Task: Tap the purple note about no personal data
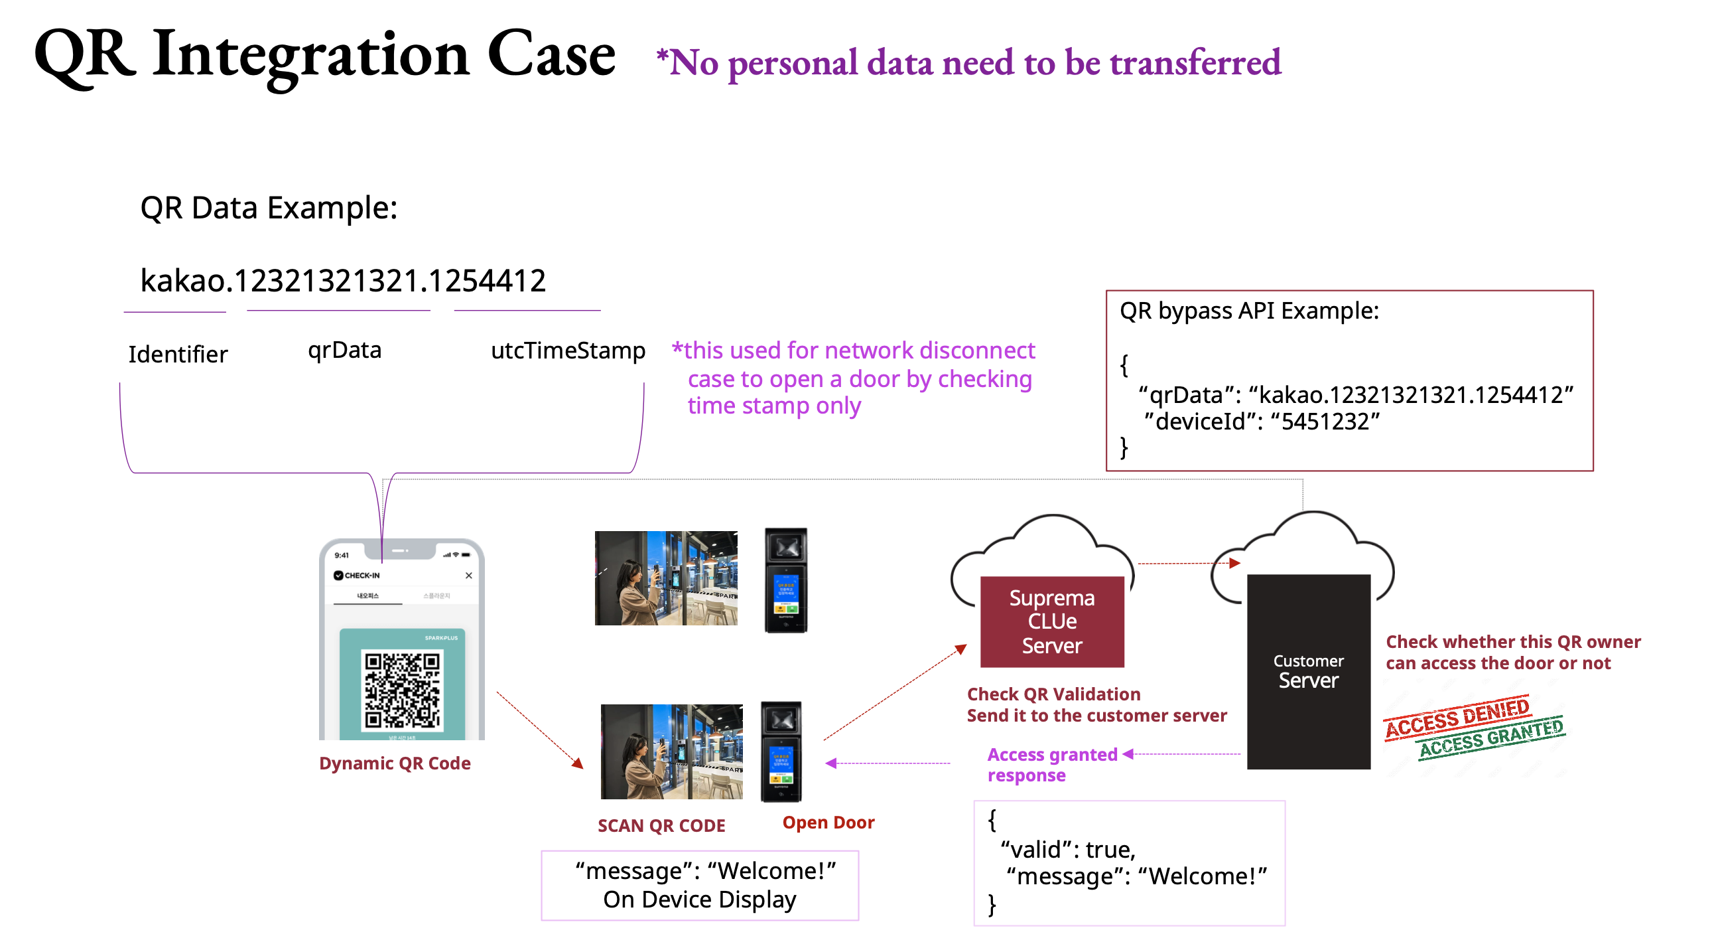968,62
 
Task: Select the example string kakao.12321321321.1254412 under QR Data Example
343,280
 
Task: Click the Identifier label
178,354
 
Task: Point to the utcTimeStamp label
568,351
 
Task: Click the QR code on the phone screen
402,690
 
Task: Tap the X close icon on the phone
469,575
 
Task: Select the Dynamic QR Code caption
395,763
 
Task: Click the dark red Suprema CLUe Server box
1052,621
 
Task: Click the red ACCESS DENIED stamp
1457,717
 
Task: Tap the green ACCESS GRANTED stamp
1490,738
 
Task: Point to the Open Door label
828,822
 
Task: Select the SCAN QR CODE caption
661,825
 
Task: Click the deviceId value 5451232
1325,422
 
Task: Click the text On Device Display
699,900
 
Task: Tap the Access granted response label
1051,764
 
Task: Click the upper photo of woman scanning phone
665,578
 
